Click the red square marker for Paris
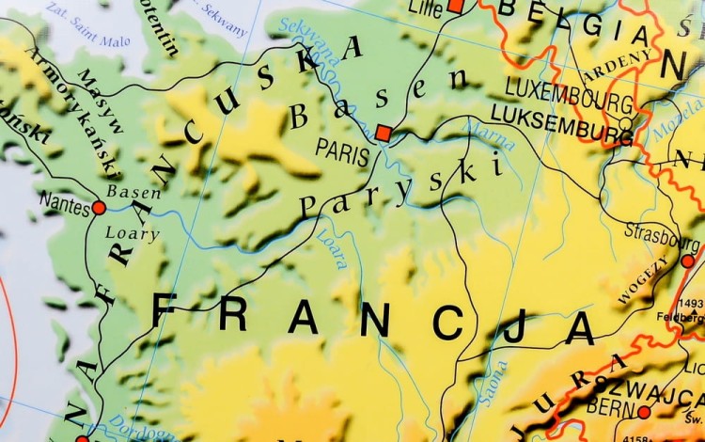[x=383, y=133]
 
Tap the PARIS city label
[x=343, y=150]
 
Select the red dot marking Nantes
[x=99, y=207]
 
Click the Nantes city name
[x=64, y=199]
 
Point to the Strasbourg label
[x=662, y=234]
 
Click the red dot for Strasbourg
[x=687, y=260]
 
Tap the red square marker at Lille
[x=456, y=6]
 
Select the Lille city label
[x=425, y=9]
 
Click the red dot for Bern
[x=644, y=412]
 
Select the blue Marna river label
[x=489, y=135]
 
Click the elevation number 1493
[x=692, y=303]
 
